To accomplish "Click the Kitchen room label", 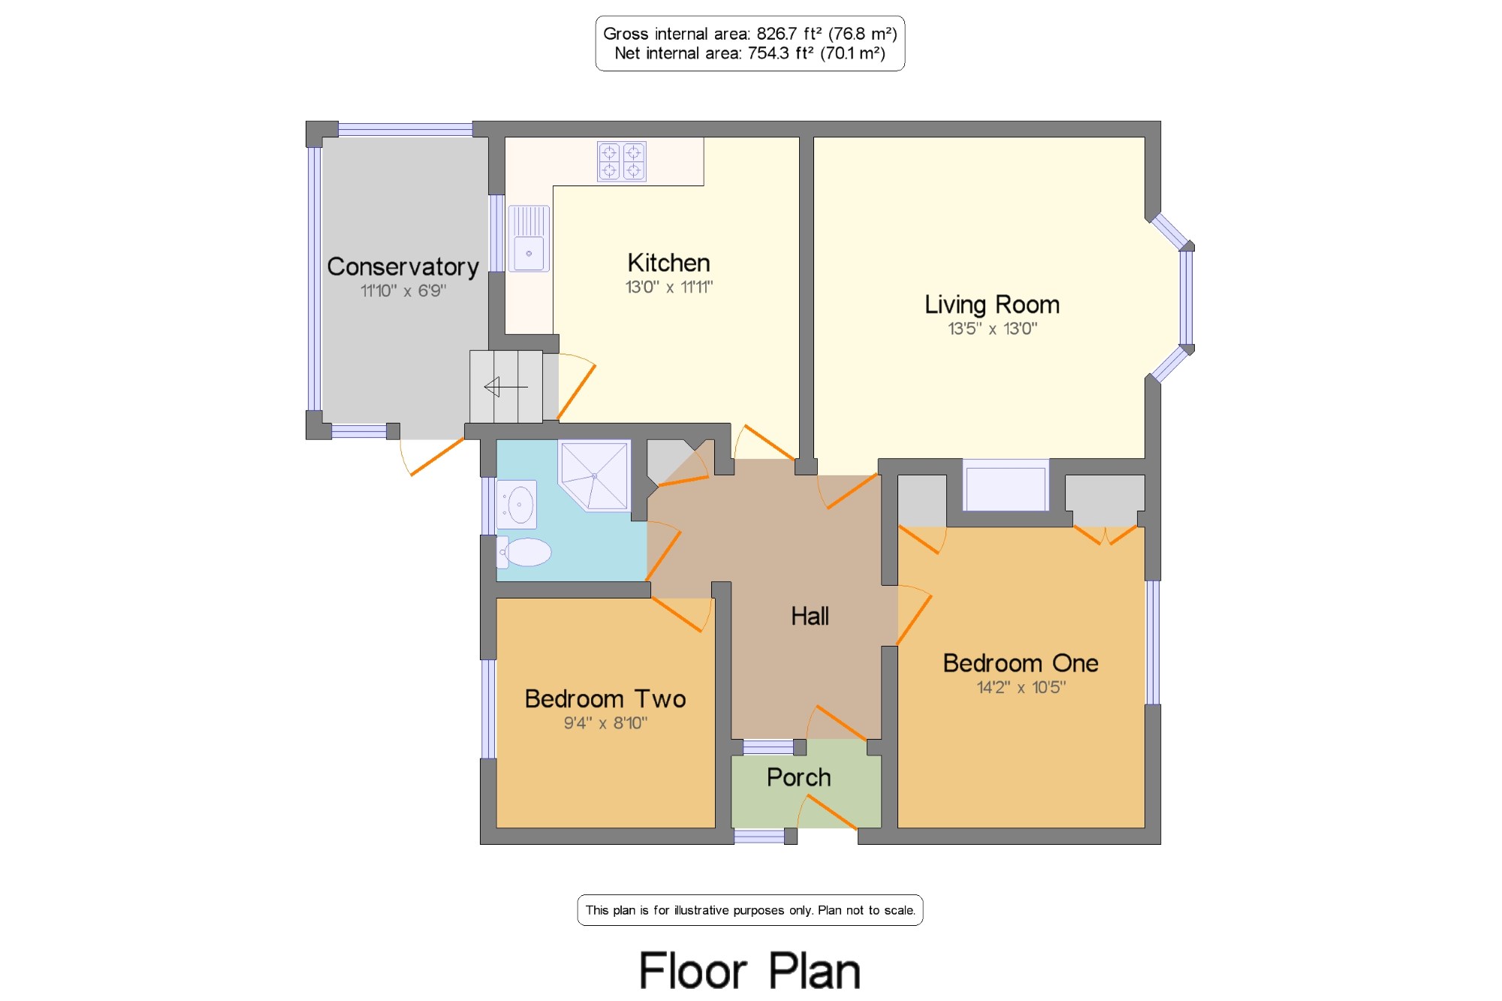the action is click(668, 263).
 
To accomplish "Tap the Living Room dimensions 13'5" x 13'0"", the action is click(992, 328).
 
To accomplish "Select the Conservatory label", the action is click(403, 267).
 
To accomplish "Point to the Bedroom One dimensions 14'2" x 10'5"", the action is click(1021, 687).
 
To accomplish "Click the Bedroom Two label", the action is click(605, 698).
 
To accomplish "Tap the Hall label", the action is click(810, 616).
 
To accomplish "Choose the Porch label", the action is click(798, 777).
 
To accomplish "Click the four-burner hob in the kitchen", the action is click(622, 161).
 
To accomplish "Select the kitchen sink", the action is click(529, 239).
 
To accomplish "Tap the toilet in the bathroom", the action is click(524, 552).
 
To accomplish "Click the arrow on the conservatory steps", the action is click(505, 387).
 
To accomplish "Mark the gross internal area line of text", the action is click(750, 34).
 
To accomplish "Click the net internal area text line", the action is click(750, 53).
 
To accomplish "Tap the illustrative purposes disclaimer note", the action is click(750, 910).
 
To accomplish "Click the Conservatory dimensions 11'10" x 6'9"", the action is click(403, 291).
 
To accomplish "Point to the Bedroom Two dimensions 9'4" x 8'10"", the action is click(605, 723).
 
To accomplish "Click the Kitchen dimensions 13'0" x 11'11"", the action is click(669, 287).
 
